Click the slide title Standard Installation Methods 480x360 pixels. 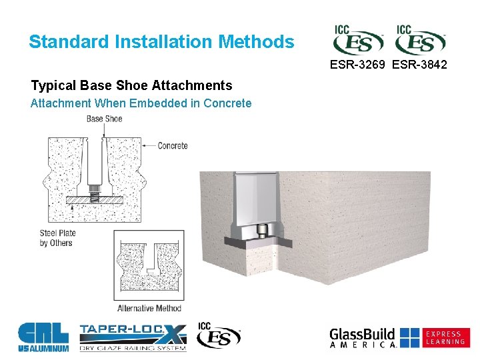(x=161, y=42)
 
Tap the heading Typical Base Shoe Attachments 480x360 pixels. (x=131, y=85)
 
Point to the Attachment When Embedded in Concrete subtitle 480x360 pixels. (x=141, y=103)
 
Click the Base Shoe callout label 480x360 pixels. (x=104, y=119)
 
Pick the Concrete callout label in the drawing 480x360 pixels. (x=173, y=145)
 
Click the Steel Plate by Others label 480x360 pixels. (x=58, y=238)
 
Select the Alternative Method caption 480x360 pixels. (x=149, y=308)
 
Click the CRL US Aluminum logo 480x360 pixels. (x=43, y=337)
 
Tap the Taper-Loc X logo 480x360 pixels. (x=133, y=337)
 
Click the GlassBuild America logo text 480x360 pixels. (x=363, y=337)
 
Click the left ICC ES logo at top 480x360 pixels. (x=358, y=41)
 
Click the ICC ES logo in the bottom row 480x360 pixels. (x=219, y=335)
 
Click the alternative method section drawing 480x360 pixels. (x=149, y=265)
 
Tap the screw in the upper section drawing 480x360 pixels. (x=95, y=197)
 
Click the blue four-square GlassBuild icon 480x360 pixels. (x=410, y=337)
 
